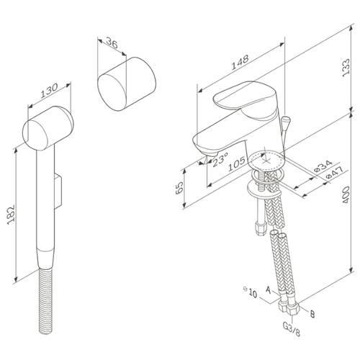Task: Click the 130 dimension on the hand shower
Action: pos(49,91)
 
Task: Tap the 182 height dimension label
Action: pos(11,215)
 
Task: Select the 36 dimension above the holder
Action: pos(112,42)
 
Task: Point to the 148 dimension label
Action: pos(240,63)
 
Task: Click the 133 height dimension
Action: pos(346,68)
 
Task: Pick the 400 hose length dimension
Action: pos(346,194)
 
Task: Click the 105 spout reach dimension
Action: pos(236,163)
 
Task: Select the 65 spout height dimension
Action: pos(179,188)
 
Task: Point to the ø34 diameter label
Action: pos(323,166)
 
